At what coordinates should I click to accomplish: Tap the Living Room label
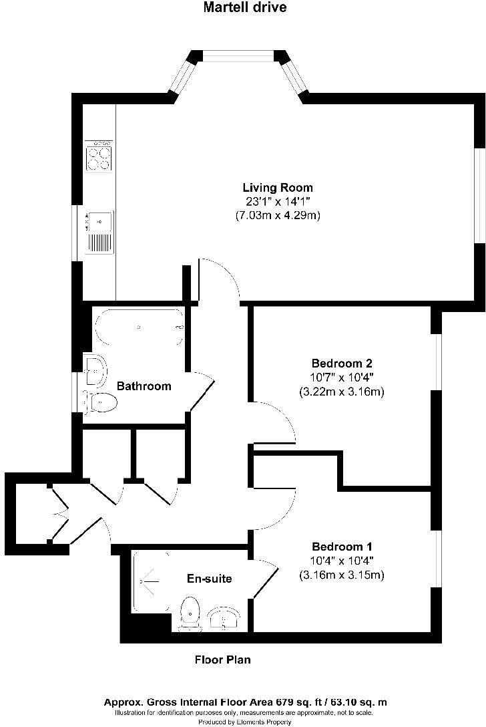tap(277, 188)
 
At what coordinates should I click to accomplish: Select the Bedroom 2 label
tap(341, 363)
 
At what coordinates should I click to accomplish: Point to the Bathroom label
tap(144, 386)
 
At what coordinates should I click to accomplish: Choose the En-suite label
tap(210, 579)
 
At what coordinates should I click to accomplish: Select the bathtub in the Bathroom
tap(139, 327)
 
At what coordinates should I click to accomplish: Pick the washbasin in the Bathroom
tap(95, 370)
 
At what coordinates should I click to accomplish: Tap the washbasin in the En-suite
tap(223, 618)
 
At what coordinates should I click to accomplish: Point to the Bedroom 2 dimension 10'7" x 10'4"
tap(341, 378)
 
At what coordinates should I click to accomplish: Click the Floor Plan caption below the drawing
tap(222, 660)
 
